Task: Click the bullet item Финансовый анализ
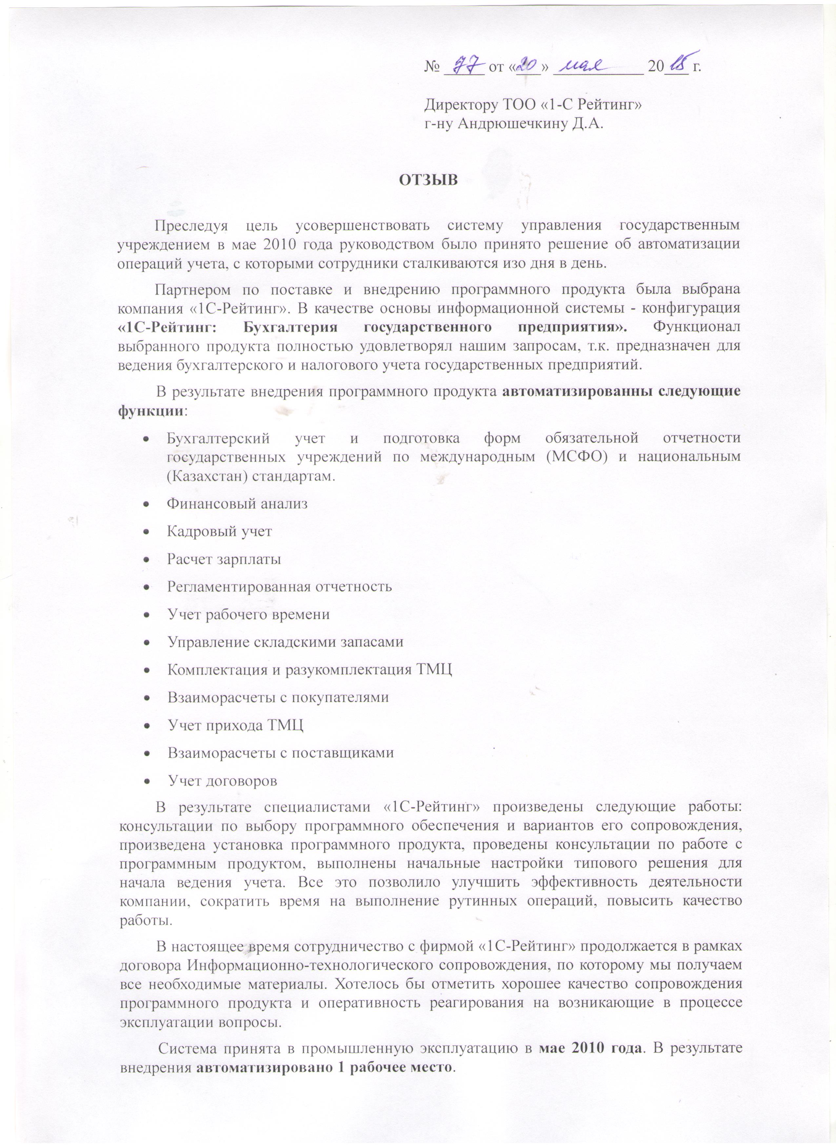tap(237, 504)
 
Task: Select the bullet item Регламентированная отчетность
tap(279, 587)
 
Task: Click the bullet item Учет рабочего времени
tap(249, 615)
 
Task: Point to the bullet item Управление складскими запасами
tap(286, 642)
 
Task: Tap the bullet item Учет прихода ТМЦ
tap(235, 726)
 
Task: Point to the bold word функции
tap(150, 410)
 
